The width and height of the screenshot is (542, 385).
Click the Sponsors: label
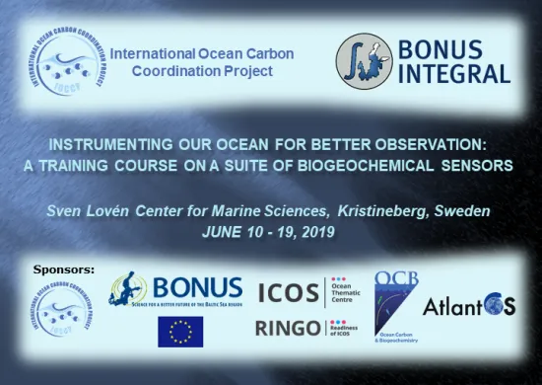65,269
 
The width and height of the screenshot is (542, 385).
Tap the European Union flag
180,332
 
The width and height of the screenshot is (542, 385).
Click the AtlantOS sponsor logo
470,307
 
